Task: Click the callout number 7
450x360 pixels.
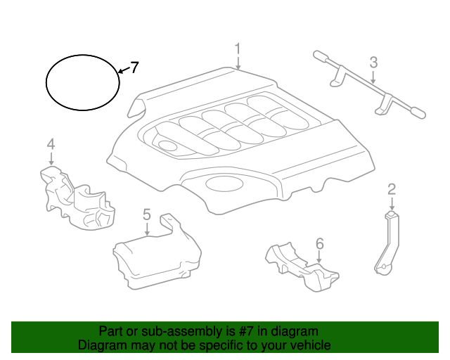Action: (134, 67)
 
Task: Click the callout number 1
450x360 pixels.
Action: (238, 49)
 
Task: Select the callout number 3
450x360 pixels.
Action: (373, 63)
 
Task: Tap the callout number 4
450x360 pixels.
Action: (51, 144)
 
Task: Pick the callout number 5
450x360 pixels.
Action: (146, 214)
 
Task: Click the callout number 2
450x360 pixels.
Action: (392, 188)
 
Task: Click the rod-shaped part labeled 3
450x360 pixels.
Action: (366, 84)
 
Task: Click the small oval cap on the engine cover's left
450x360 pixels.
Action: (167, 146)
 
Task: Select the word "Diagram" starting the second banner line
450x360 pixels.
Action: (101, 346)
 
